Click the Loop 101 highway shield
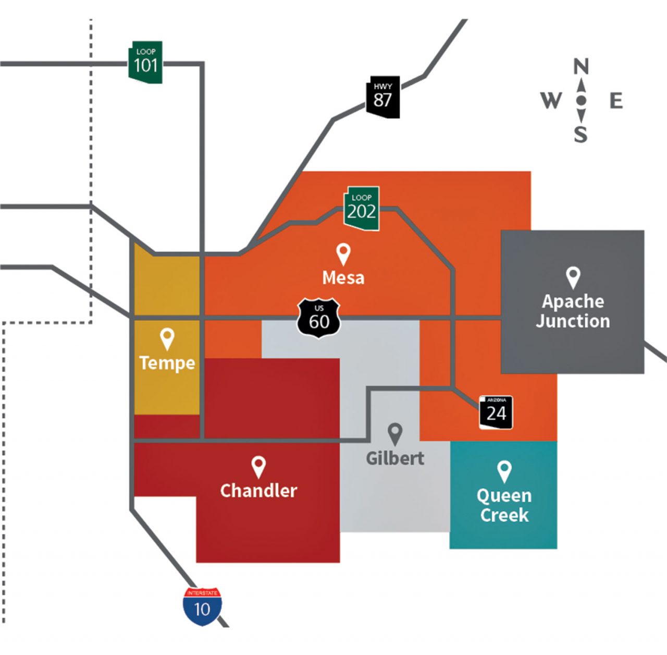(x=145, y=63)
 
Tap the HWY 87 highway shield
(x=383, y=97)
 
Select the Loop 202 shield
(x=361, y=208)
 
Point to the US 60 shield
(x=319, y=318)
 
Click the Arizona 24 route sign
(x=496, y=413)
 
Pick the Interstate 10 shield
(x=202, y=606)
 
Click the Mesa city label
(x=343, y=278)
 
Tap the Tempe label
(x=167, y=363)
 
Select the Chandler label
(x=258, y=491)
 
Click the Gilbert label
(x=395, y=458)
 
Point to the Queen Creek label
(x=504, y=505)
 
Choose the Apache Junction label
(x=573, y=311)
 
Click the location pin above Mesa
(x=343, y=254)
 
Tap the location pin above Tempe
(x=167, y=339)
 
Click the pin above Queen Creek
(x=504, y=471)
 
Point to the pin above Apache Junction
(x=573, y=278)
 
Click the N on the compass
(x=581, y=67)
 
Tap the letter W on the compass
(x=551, y=101)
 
